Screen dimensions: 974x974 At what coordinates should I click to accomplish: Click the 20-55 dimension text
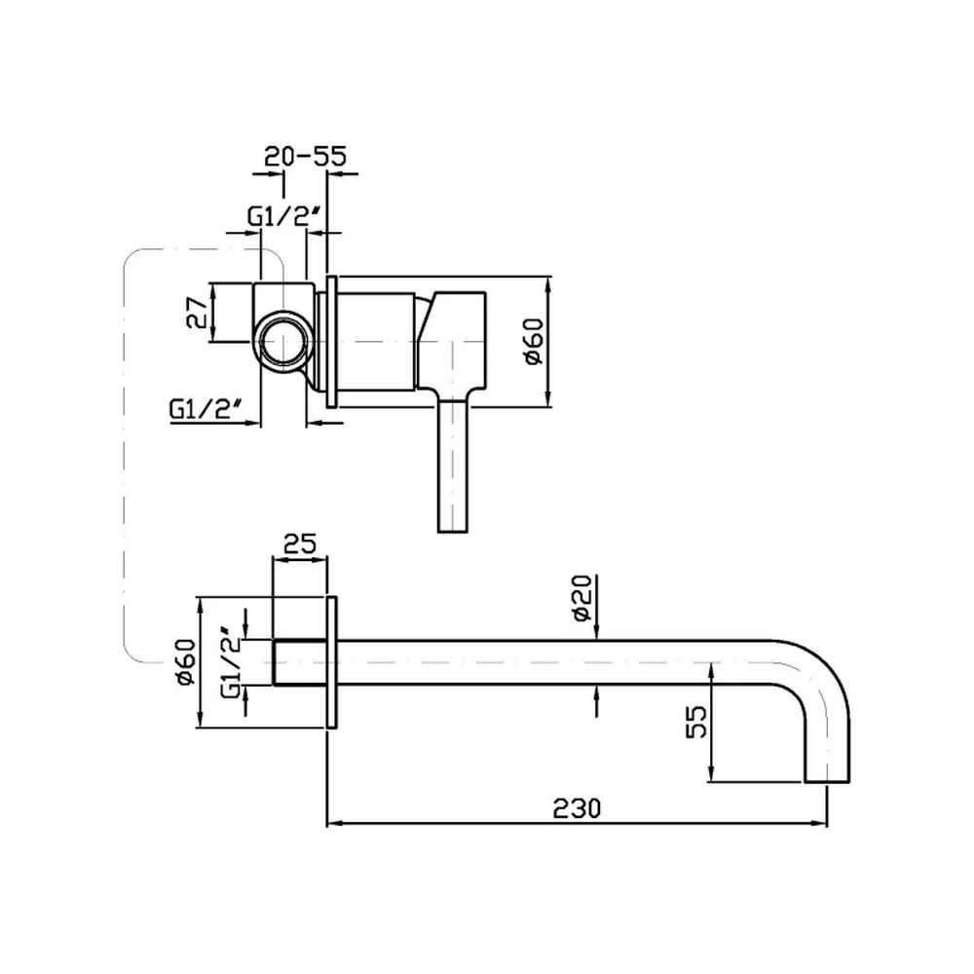(x=305, y=156)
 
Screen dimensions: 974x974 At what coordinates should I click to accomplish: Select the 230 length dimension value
(x=577, y=808)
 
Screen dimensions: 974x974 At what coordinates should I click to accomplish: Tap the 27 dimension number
(x=197, y=312)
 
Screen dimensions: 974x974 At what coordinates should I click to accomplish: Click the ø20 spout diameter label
(x=582, y=598)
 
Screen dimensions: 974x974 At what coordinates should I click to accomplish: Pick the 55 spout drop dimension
(x=696, y=721)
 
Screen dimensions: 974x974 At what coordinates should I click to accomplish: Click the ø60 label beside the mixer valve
(x=534, y=342)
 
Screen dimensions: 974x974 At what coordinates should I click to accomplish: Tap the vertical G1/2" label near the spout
(x=231, y=662)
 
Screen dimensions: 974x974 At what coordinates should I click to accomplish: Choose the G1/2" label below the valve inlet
(x=206, y=408)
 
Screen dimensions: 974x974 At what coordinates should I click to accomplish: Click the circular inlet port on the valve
(x=283, y=342)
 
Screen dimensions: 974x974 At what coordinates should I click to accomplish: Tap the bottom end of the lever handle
(x=453, y=531)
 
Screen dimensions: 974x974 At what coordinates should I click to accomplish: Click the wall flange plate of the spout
(x=332, y=662)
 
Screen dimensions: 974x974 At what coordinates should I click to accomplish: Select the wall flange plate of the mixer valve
(x=332, y=342)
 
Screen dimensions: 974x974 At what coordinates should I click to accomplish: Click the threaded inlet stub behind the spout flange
(x=300, y=662)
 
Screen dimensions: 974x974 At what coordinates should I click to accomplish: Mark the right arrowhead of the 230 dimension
(x=820, y=824)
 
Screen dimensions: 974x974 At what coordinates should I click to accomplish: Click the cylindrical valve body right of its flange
(x=376, y=342)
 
